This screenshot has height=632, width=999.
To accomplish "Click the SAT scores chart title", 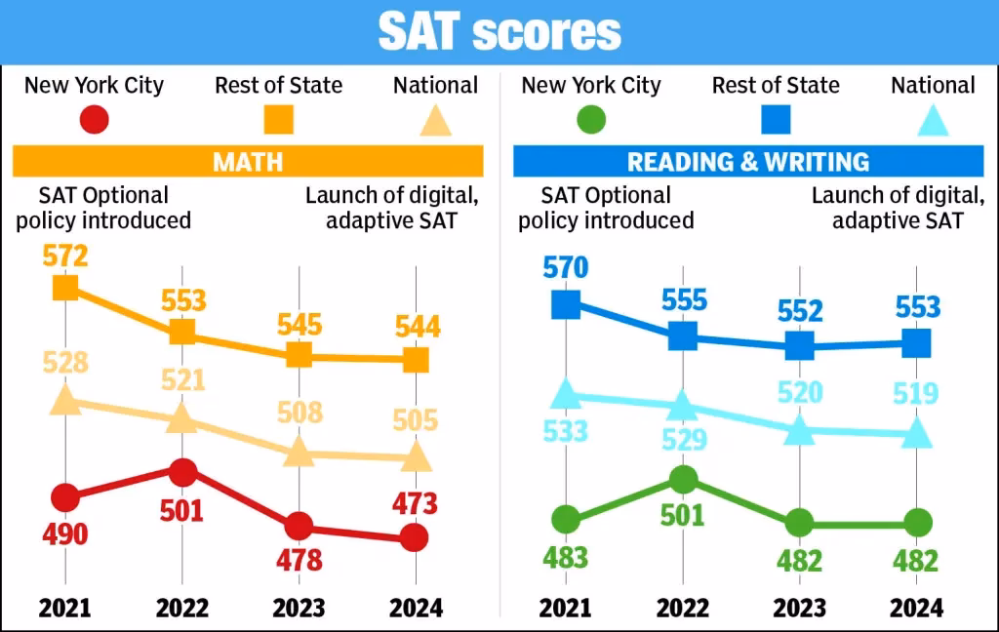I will pyautogui.click(x=499, y=31).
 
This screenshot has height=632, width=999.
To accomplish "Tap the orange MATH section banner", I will pyautogui.click(x=248, y=161).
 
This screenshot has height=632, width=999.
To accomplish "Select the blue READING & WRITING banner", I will pyautogui.click(x=748, y=161).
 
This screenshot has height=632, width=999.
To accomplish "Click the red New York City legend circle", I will pyautogui.click(x=94, y=120).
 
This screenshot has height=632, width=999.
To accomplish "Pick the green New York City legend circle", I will pyautogui.click(x=590, y=120).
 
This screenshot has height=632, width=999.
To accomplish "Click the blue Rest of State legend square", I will pyautogui.click(x=776, y=120).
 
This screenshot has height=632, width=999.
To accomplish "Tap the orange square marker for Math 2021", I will pyautogui.click(x=65, y=288).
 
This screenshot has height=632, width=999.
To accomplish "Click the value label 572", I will pyautogui.click(x=65, y=257).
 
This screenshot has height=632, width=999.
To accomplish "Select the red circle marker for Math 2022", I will pyautogui.click(x=182, y=472).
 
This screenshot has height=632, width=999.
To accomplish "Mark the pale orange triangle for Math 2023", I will pyautogui.click(x=300, y=452).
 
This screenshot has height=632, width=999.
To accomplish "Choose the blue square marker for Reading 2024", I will pyautogui.click(x=916, y=343).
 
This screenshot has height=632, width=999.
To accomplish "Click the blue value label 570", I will pyautogui.click(x=566, y=266).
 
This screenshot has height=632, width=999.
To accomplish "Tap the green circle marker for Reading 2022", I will pyautogui.click(x=683, y=479).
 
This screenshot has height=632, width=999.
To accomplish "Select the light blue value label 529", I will pyautogui.click(x=684, y=439).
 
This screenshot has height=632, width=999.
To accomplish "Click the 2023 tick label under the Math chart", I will pyautogui.click(x=300, y=609).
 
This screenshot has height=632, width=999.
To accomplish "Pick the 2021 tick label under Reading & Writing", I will pyautogui.click(x=566, y=609).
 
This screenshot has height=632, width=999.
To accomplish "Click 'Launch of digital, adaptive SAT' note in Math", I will pyautogui.click(x=392, y=208).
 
